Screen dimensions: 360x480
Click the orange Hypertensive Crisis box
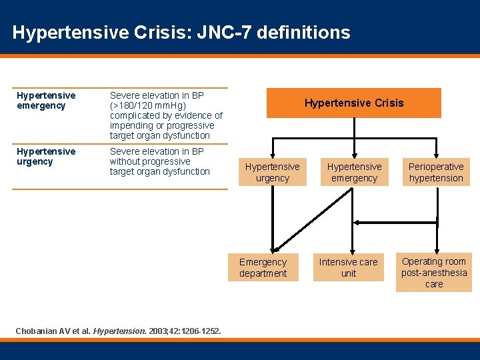pos(353,103)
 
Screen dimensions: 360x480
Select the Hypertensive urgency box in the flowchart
pos(272,172)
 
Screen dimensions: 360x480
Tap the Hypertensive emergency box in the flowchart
pos(354,172)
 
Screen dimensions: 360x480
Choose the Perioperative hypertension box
pos(436,172)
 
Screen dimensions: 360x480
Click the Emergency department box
pos(263,268)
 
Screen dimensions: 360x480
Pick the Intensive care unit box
pos(348,268)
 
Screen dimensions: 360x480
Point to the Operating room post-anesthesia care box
pos(434,273)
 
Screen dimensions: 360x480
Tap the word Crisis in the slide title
pos(163,32)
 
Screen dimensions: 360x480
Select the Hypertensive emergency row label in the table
pos(46,101)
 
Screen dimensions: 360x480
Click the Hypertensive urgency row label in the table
pos(46,157)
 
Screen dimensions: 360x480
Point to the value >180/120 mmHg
pos(147,105)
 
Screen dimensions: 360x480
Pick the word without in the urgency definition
pos(125,161)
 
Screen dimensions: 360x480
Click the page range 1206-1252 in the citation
pos(198,331)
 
